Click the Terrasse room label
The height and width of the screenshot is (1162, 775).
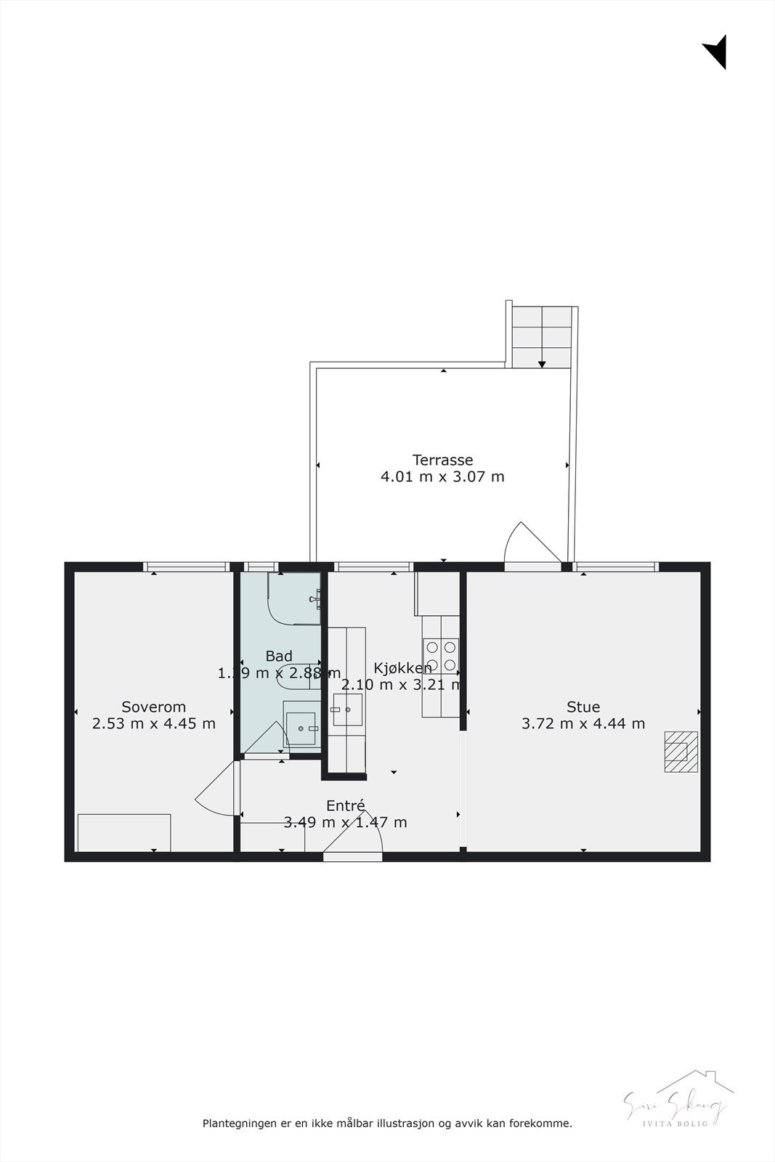(x=442, y=460)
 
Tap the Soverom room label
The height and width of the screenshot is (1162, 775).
(x=154, y=707)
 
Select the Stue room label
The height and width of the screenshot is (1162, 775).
(x=583, y=707)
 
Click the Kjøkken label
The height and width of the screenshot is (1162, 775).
(x=402, y=668)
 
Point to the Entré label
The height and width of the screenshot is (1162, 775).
(x=345, y=806)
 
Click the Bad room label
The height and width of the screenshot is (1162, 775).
(x=279, y=657)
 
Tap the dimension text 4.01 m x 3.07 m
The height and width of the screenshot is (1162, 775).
(x=442, y=477)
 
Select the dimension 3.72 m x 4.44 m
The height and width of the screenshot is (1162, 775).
(x=583, y=723)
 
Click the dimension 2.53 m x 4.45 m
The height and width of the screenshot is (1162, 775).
(x=154, y=723)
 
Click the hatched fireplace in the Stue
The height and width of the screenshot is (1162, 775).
(x=681, y=752)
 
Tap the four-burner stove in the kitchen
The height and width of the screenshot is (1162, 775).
(x=441, y=655)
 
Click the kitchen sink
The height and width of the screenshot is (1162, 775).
(x=347, y=710)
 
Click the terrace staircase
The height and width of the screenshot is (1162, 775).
(x=541, y=337)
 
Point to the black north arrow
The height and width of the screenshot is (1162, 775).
(x=716, y=52)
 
